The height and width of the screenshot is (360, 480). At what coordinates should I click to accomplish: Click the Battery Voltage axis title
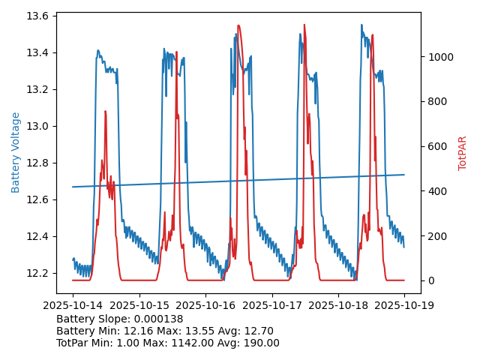pyautogui.click(x=16, y=152)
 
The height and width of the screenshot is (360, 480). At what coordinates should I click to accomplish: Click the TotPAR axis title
pyautogui.click(x=463, y=153)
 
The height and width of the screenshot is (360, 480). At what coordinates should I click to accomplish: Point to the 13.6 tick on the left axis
pyautogui.click(x=39, y=16)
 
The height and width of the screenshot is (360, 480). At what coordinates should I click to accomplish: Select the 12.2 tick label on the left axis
pyautogui.click(x=39, y=273)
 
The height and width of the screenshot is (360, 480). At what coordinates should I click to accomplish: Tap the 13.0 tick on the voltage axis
pyautogui.click(x=39, y=126)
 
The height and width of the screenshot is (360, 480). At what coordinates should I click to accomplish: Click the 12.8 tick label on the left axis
pyautogui.click(x=39, y=163)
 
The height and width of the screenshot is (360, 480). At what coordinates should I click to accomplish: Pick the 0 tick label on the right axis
pyautogui.click(x=430, y=280)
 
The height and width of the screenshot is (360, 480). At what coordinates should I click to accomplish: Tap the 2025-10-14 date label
pyautogui.click(x=73, y=306)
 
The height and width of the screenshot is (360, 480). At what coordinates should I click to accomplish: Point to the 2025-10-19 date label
pyautogui.click(x=404, y=306)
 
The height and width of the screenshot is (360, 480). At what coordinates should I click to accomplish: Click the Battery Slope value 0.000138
pyautogui.click(x=158, y=319)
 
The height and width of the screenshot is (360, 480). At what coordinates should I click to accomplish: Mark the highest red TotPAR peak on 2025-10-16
pyautogui.click(x=238, y=25)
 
